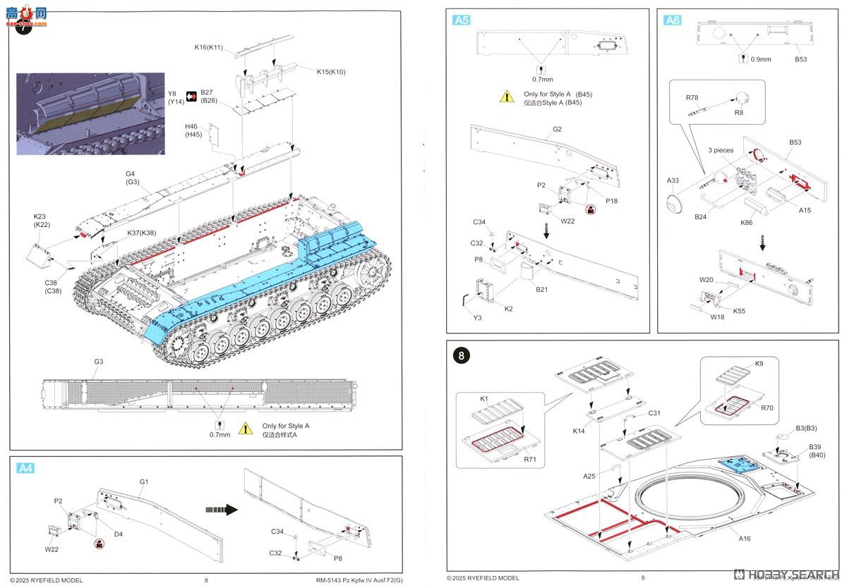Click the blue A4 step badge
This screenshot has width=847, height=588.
click(x=25, y=467)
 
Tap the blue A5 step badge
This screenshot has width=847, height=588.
click(x=461, y=20)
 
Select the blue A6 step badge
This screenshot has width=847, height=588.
click(x=672, y=20)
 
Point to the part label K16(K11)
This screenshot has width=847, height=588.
click(x=209, y=47)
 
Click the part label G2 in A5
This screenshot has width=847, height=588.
click(x=557, y=129)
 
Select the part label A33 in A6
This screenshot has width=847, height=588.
click(x=673, y=180)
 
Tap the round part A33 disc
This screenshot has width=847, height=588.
click(x=675, y=203)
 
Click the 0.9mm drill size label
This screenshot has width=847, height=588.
click(x=761, y=59)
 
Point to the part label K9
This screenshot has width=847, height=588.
click(x=759, y=363)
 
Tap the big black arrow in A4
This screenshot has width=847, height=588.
click(x=221, y=510)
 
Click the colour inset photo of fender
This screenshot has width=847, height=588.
click(x=90, y=114)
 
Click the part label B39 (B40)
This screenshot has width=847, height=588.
click(x=815, y=451)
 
